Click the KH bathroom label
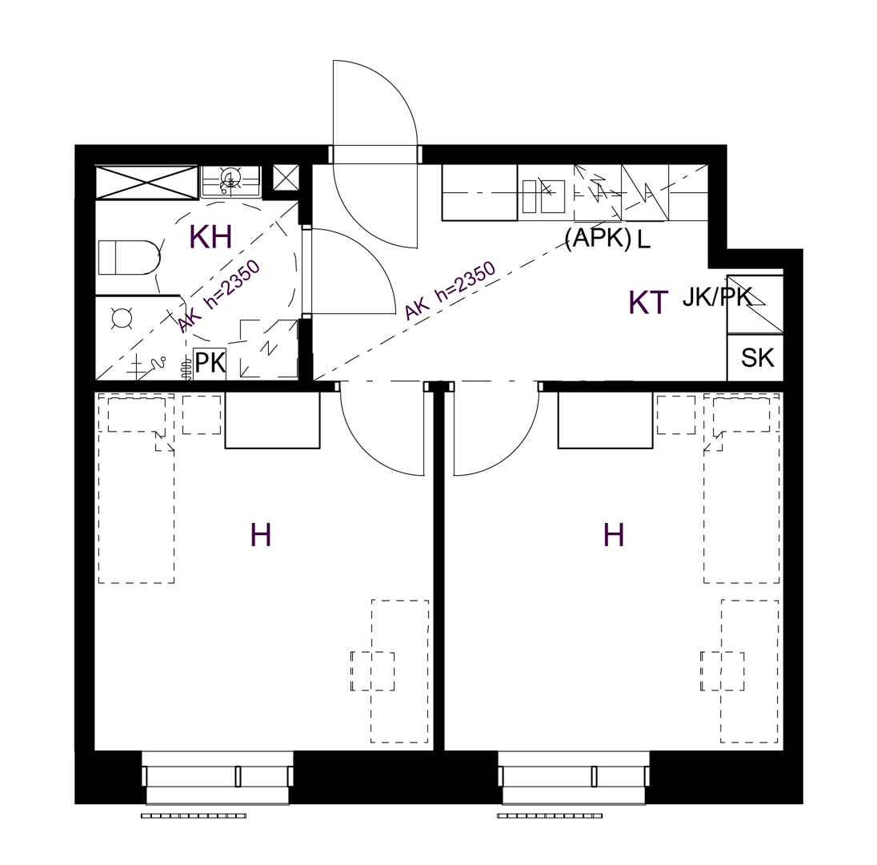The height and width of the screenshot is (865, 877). point(211,237)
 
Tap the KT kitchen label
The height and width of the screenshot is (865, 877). point(648,302)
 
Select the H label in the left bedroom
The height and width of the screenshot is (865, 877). point(261,535)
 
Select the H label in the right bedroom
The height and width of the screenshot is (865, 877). point(614,535)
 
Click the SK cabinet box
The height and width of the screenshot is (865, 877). point(755,358)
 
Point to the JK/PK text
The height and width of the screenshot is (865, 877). point(717,298)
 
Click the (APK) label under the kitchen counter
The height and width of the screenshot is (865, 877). point(598,239)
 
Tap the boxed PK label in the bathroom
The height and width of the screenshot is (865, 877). point(210,364)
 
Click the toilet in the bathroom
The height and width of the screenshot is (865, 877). point(129,258)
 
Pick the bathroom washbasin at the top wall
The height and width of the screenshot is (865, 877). point(230,181)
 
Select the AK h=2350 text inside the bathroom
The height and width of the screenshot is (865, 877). point(219,296)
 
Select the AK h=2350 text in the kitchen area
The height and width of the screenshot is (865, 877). point(450,291)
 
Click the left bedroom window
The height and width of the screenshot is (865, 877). point(218,777)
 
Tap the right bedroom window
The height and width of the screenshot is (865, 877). point(574,777)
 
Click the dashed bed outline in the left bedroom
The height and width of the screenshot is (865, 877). point(136,489)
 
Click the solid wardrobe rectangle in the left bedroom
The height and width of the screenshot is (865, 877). point(272,420)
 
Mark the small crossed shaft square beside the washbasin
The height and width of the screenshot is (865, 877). point(285,179)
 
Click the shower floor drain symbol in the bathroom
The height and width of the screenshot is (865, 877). point(122,318)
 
